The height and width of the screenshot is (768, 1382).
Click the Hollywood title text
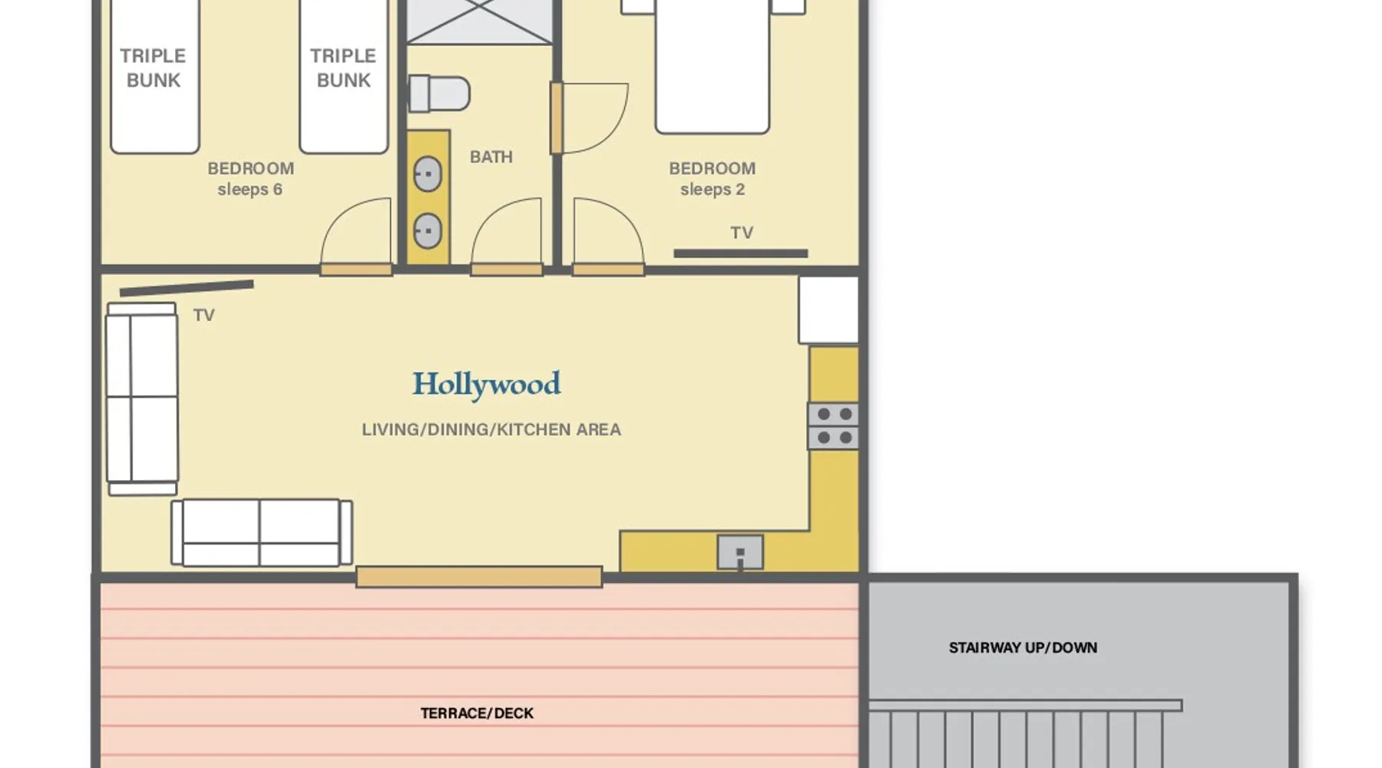487,385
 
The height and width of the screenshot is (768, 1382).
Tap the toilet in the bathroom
438,94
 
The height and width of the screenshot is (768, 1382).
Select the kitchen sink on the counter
740,552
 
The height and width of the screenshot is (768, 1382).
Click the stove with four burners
833,425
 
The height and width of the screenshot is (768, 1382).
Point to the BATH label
491,157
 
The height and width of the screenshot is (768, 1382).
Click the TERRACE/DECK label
477,713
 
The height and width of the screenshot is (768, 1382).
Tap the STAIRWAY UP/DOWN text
1023,647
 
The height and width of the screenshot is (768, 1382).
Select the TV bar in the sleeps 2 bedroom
741,253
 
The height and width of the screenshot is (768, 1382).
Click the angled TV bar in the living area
187,288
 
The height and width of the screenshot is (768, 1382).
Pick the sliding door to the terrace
479,577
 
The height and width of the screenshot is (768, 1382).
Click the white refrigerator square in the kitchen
828,310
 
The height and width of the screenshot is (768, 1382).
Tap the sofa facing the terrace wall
262,533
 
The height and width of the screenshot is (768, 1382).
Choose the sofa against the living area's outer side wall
142,399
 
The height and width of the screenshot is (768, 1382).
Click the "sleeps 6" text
250,190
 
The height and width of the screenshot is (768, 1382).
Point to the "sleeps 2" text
712,190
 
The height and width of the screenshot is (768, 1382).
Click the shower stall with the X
479,22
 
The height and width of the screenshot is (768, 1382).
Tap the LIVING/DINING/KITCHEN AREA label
491,429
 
